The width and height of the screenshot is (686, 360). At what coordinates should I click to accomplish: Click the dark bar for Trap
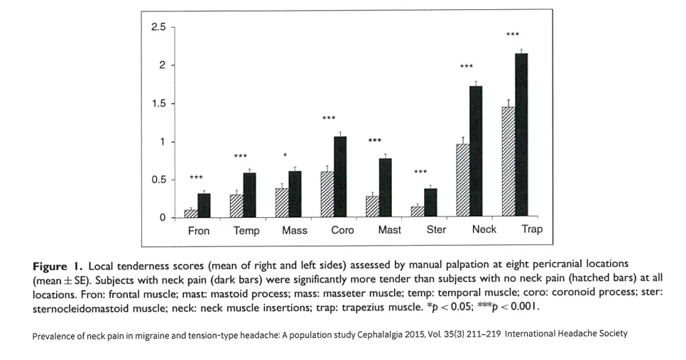521,135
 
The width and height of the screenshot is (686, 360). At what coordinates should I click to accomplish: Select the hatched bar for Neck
463,180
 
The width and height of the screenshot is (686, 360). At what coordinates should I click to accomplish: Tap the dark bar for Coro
340,177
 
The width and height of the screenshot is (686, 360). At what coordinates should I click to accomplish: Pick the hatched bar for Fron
191,214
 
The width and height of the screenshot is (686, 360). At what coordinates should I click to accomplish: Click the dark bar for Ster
431,202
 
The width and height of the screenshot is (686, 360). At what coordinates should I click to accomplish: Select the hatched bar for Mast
372,207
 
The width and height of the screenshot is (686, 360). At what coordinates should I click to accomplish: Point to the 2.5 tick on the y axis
173,27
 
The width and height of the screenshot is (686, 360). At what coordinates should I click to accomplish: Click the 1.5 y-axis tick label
158,103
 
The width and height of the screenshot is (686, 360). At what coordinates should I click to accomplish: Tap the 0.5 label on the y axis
158,180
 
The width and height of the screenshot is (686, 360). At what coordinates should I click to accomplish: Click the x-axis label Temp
246,231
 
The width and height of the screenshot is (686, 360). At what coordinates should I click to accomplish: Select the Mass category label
295,230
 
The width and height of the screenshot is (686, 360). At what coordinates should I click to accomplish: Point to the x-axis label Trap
532,229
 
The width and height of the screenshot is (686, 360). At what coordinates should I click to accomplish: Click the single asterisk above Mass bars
285,155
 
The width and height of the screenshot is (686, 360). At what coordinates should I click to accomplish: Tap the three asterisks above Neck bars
467,67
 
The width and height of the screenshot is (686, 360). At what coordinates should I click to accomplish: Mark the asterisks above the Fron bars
196,177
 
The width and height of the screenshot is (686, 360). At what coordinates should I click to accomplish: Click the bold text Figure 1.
58,266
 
